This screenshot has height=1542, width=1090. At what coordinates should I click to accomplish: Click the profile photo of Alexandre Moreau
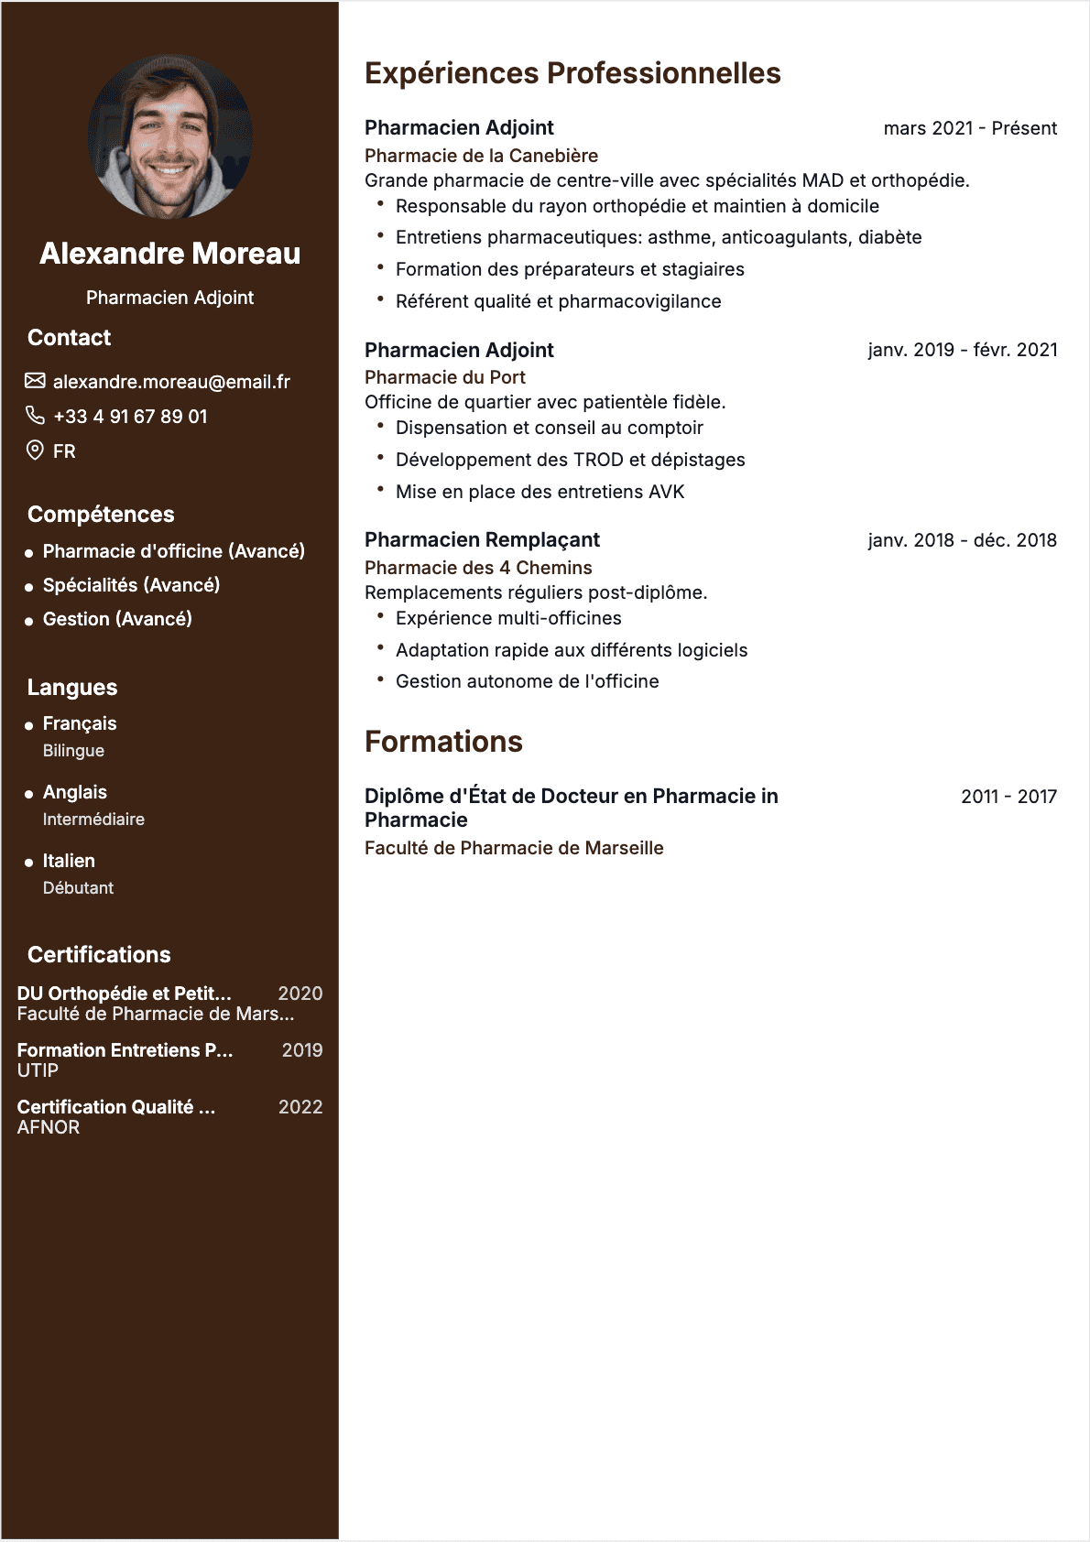pyautogui.click(x=169, y=136)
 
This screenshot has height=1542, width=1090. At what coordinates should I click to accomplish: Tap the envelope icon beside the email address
pyautogui.click(x=35, y=381)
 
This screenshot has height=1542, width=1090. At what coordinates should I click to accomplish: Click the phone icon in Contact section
pyautogui.click(x=35, y=416)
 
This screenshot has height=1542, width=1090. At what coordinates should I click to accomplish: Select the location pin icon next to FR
pyautogui.click(x=35, y=451)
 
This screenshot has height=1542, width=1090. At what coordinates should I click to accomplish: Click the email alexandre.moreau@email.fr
pyautogui.click(x=171, y=382)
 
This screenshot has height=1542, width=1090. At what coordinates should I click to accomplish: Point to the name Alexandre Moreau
pyautogui.click(x=169, y=254)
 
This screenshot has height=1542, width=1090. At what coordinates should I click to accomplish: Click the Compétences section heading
pyautogui.click(x=101, y=515)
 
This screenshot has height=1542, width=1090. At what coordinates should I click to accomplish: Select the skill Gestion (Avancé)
pyautogui.click(x=117, y=619)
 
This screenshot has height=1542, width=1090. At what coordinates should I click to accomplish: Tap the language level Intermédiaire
pyautogui.click(x=93, y=820)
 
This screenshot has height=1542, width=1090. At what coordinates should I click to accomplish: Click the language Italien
pyautogui.click(x=69, y=861)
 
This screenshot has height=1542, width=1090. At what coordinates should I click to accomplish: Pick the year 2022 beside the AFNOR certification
pyautogui.click(x=300, y=1107)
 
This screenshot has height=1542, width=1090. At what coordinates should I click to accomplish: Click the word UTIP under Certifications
pyautogui.click(x=38, y=1070)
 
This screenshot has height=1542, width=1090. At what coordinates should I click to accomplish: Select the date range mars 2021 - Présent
pyautogui.click(x=969, y=128)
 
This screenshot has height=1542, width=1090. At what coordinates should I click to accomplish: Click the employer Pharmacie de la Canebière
pyautogui.click(x=481, y=156)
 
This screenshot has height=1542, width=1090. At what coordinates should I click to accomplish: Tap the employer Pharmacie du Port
pyautogui.click(x=445, y=377)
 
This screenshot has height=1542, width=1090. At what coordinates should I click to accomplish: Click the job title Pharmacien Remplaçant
pyautogui.click(x=482, y=540)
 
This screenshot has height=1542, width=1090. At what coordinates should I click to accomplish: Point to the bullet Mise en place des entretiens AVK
pyautogui.click(x=540, y=492)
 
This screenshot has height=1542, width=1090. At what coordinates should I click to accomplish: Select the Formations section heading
pyautogui.click(x=443, y=742)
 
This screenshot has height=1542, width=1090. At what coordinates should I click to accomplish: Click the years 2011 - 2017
pyautogui.click(x=1008, y=797)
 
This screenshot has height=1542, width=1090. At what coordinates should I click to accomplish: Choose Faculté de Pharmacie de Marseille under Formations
pyautogui.click(x=514, y=848)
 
